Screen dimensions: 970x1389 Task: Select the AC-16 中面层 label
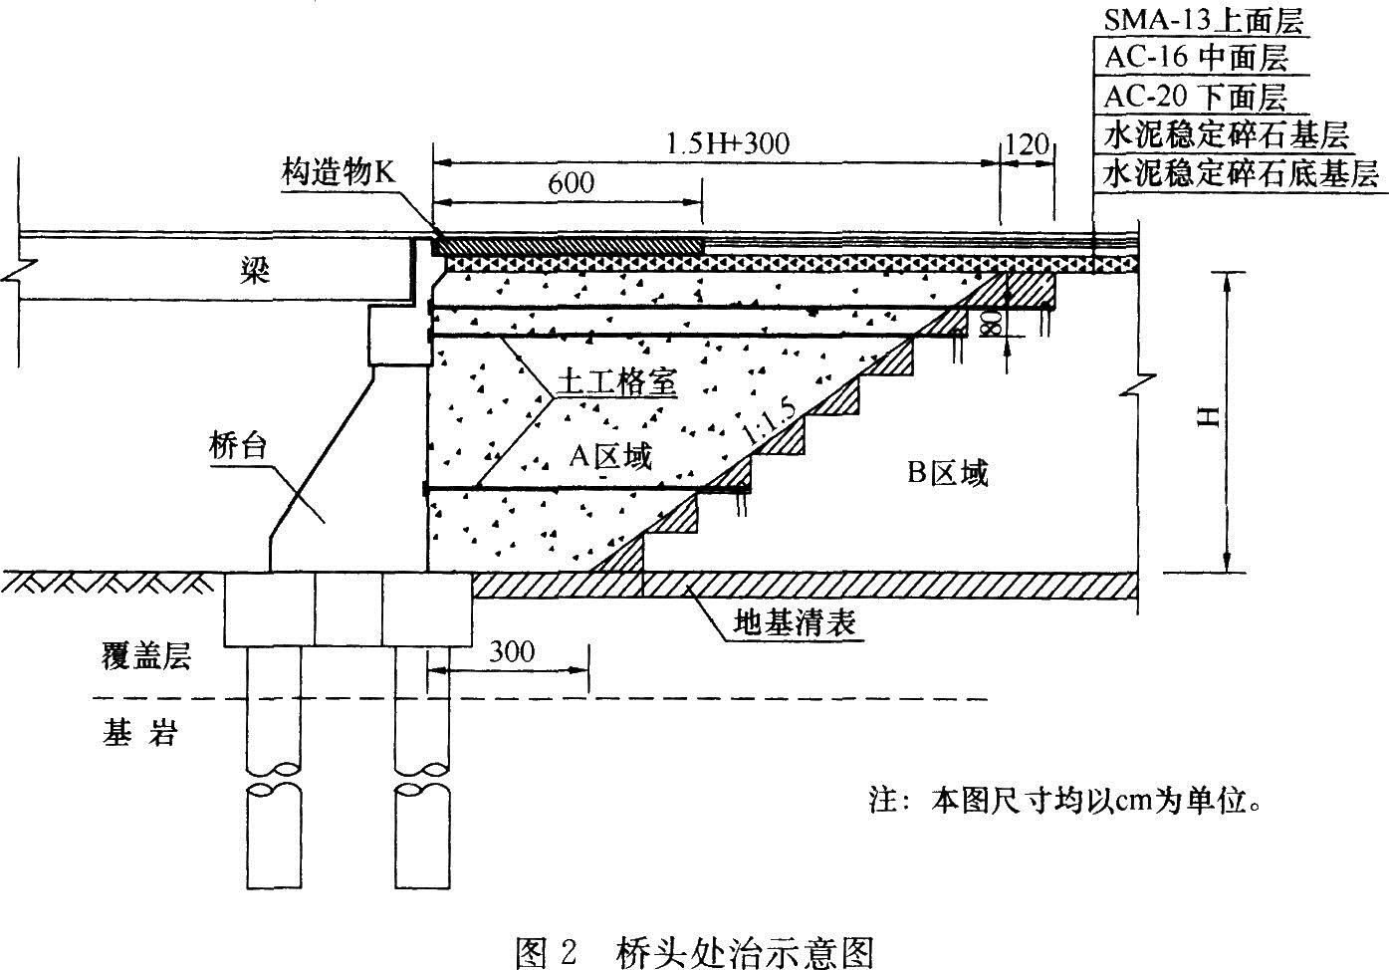(1196, 58)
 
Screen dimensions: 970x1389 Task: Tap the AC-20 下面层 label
(1195, 97)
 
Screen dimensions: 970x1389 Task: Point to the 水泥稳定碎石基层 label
(1226, 134)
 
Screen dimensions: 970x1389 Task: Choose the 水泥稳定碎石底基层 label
(1241, 174)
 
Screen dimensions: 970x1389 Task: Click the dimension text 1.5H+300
(726, 143)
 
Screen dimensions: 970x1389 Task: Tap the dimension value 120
(1028, 145)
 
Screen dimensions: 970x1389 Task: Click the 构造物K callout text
(338, 173)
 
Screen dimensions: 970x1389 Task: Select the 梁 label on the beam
(255, 272)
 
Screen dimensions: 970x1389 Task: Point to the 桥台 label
(238, 445)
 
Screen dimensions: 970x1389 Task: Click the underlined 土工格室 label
(616, 381)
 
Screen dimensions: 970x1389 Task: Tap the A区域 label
(609, 456)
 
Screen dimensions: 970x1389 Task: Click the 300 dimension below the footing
(512, 652)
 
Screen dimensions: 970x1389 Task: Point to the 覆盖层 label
(146, 656)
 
